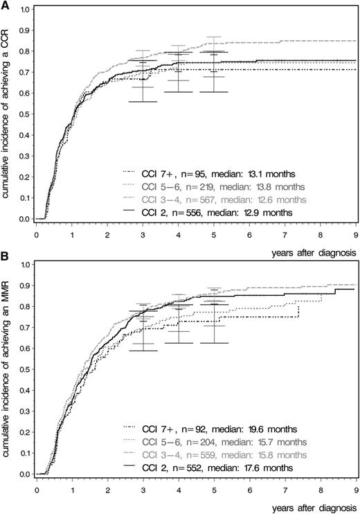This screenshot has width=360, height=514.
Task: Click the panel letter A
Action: pyautogui.click(x=6, y=6)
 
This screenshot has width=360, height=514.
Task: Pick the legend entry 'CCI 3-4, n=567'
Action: pyautogui.click(x=199, y=200)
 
